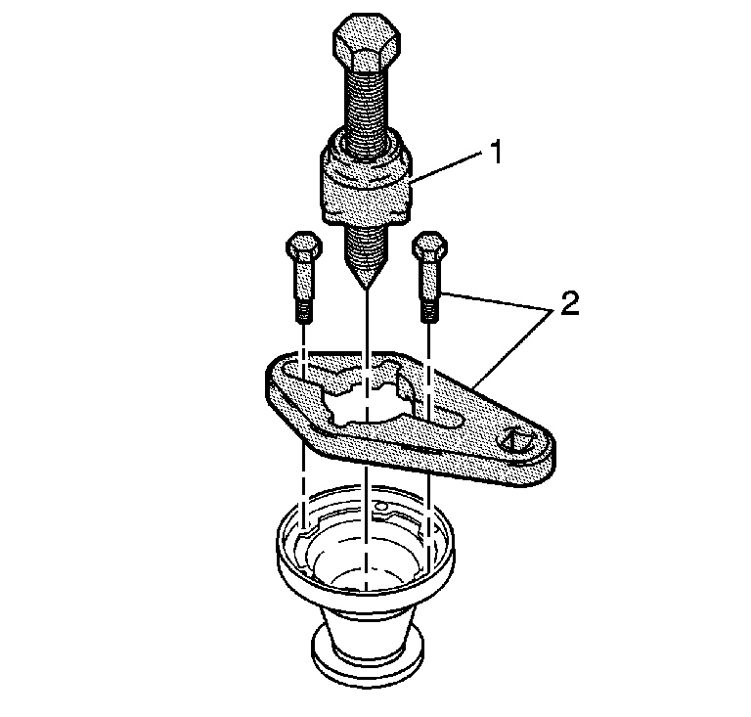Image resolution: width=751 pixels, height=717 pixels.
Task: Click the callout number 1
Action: (496, 152)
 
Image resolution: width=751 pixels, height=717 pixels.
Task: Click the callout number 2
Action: (569, 303)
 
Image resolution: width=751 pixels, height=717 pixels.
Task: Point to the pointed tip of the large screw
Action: (366, 289)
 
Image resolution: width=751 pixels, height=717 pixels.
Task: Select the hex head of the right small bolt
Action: (429, 246)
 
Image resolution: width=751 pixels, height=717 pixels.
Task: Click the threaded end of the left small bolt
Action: (304, 311)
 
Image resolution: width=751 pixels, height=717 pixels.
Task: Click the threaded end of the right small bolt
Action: (429, 311)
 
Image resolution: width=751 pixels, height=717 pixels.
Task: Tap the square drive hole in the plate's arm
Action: (516, 439)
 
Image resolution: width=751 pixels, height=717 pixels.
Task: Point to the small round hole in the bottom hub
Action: (380, 506)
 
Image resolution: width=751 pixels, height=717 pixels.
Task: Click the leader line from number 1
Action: (446, 167)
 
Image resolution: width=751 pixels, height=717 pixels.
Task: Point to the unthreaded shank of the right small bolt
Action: (429, 280)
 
